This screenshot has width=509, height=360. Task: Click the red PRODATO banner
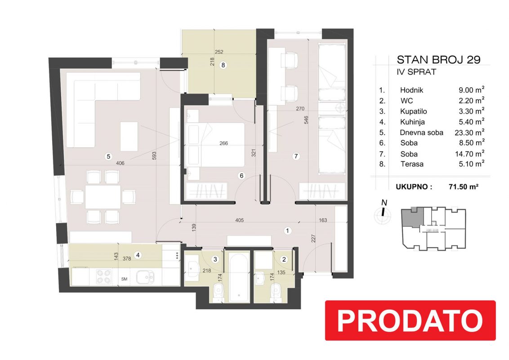coord(411,320)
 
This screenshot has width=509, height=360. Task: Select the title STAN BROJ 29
coord(438,60)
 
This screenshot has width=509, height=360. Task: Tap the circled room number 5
coord(108,156)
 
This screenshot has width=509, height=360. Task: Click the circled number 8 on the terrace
coord(223,65)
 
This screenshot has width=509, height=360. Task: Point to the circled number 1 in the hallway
coord(287,231)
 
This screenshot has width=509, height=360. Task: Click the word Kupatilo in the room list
coord(413,112)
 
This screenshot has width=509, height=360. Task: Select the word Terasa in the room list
coord(412,164)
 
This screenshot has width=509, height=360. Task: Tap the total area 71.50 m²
coord(464,186)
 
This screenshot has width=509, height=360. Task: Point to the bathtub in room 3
coord(239,276)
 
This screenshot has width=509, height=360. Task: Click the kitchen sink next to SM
coord(145,277)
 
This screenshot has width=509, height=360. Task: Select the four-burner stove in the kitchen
coord(104,277)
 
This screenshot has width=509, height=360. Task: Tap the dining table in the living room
coord(103,197)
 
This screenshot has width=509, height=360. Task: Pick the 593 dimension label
coord(154,156)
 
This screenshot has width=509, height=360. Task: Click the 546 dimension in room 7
coord(306,120)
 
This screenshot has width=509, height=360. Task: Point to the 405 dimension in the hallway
coord(239,220)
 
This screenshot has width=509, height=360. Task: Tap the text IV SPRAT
coord(416,72)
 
